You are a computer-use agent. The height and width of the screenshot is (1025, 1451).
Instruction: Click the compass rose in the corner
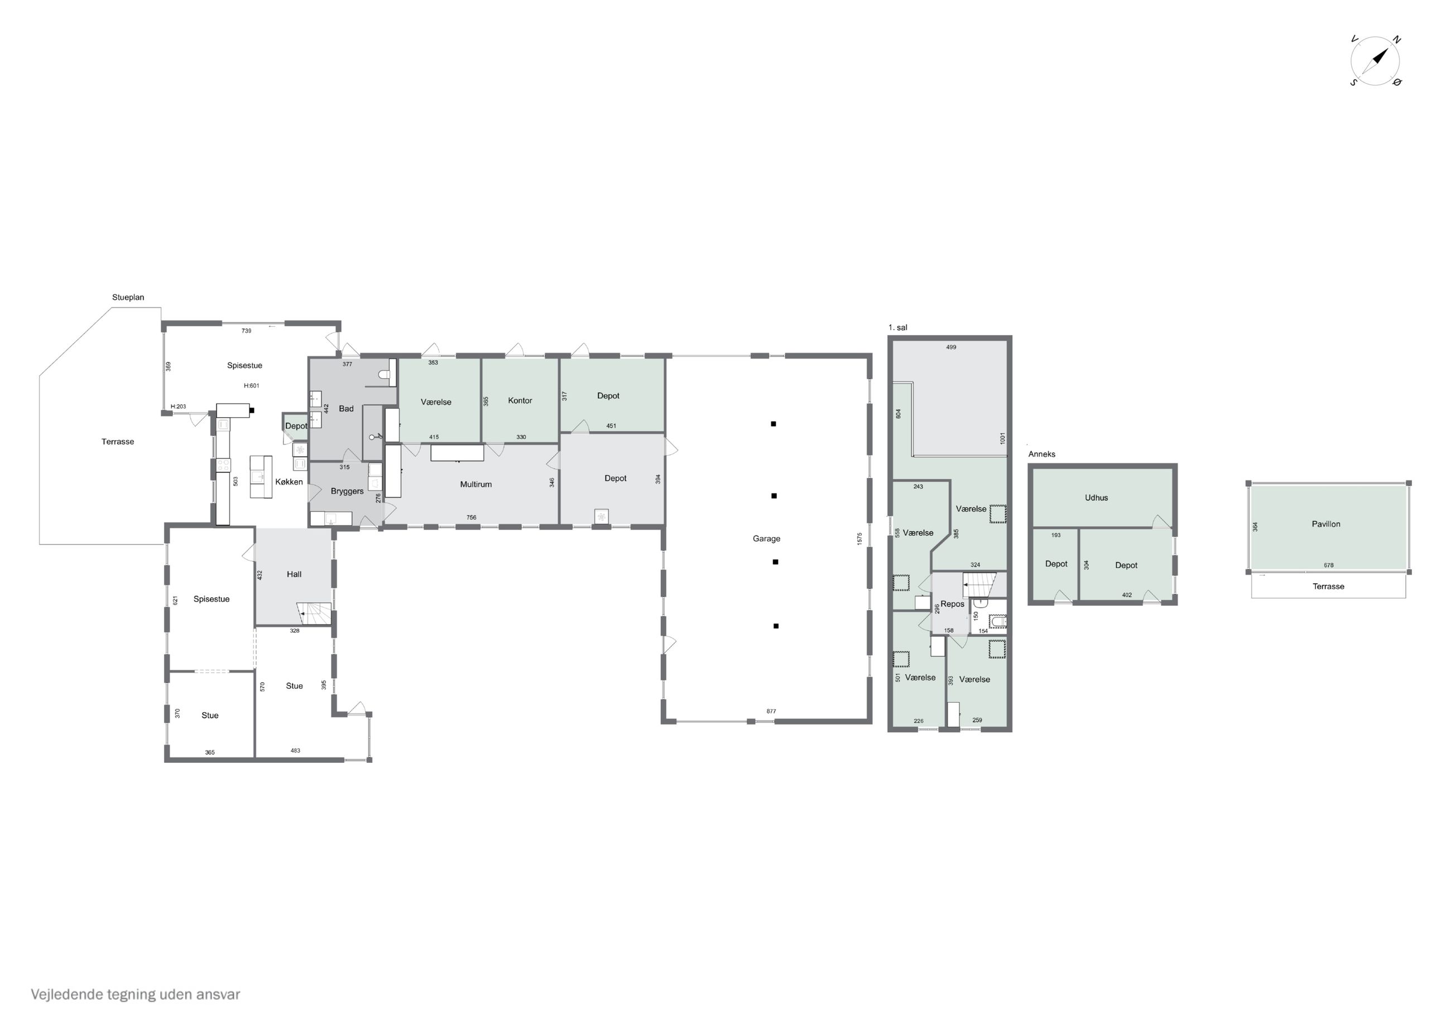1375,61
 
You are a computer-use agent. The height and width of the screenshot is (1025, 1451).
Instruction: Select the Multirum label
476,485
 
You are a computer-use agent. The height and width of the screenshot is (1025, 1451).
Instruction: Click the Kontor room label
520,400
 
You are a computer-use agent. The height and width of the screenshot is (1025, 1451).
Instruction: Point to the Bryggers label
347,491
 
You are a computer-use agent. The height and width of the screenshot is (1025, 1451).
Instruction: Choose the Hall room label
294,574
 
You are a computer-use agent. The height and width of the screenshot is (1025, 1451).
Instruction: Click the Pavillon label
1326,524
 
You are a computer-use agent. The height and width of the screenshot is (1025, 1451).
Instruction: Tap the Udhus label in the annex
1097,497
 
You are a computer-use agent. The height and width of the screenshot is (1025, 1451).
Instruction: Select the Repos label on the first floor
953,605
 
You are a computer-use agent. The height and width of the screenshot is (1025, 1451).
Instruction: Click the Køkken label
289,482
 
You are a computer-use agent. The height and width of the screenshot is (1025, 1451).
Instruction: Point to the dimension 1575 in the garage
859,539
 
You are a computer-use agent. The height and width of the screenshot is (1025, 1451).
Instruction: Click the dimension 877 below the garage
771,711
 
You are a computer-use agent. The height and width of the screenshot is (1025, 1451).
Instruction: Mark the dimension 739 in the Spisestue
247,331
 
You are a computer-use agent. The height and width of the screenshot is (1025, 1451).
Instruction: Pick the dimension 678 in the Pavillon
1328,565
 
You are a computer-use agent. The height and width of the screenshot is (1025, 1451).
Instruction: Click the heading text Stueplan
128,297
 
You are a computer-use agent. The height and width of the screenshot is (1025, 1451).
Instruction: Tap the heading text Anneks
1041,454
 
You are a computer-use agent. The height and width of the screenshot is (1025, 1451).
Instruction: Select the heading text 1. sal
897,328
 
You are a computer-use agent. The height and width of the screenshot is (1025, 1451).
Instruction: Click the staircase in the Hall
314,612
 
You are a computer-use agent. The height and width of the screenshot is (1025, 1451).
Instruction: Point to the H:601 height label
252,386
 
